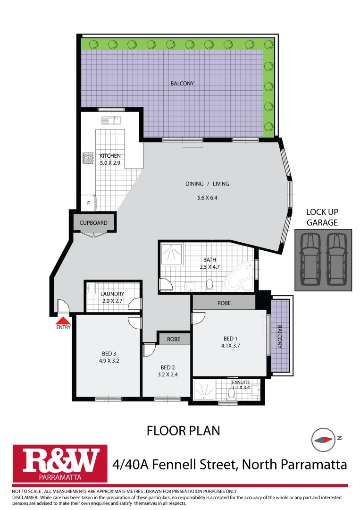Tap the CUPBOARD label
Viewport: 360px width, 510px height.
pos(93,223)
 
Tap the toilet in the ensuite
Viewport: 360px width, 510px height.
pos(232,392)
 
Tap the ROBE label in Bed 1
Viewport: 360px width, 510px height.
pos(224,303)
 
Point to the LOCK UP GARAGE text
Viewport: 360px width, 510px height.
pos(322,218)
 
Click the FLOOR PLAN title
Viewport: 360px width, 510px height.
pos(183,431)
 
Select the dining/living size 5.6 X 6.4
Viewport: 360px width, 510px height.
pos(207,198)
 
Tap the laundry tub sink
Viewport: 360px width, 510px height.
pos(92,287)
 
